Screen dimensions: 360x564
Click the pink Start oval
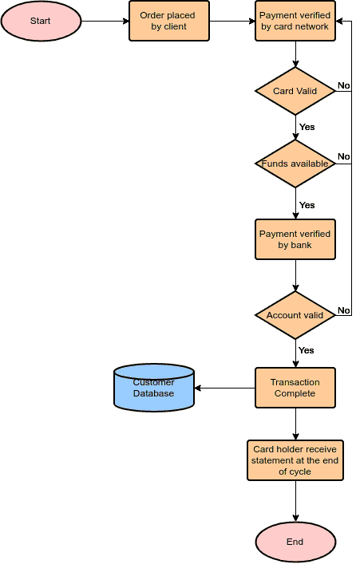[x=41, y=21]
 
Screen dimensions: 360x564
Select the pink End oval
[x=295, y=542]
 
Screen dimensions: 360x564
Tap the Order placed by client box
[x=169, y=21]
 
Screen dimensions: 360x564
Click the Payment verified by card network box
[x=295, y=21]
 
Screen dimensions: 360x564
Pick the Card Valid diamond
[x=295, y=91]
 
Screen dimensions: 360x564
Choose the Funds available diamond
[x=295, y=164]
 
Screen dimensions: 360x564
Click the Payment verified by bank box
[x=295, y=239]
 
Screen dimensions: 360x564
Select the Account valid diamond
[x=295, y=315]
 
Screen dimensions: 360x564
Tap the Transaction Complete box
[x=295, y=388]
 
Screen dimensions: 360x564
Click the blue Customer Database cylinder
[x=154, y=388]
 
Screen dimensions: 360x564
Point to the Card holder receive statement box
[x=295, y=460]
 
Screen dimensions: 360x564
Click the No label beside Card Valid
[x=344, y=85]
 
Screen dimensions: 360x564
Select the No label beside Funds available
[x=344, y=156]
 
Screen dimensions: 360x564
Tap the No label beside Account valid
[x=344, y=310]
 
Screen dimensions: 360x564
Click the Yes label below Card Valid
[x=307, y=127]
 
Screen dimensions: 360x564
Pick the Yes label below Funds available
[x=307, y=205]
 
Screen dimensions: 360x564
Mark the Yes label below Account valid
[x=307, y=350]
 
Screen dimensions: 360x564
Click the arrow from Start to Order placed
[x=105, y=21]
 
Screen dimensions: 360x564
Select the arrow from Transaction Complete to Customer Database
[x=224, y=388]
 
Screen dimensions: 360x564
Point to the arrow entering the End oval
[x=295, y=501]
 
